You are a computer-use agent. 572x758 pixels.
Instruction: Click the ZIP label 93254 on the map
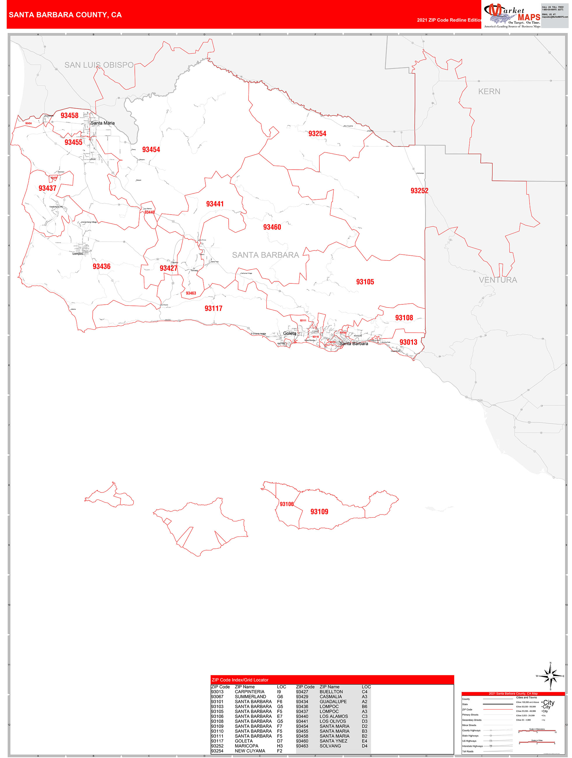[317, 134]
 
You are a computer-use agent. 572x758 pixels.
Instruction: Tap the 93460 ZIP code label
[272, 227]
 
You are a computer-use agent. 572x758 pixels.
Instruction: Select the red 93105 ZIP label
[365, 282]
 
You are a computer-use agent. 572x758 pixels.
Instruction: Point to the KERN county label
[489, 92]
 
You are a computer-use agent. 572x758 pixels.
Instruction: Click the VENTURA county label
[498, 280]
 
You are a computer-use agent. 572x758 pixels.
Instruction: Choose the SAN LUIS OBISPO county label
[99, 65]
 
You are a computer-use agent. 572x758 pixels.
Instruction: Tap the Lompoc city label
[78, 254]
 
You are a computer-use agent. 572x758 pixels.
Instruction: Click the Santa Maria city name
[103, 123]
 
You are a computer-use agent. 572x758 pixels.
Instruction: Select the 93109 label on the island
[319, 512]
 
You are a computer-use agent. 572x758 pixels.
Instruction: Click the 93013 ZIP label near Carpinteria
[408, 342]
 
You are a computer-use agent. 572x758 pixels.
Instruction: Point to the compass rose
[550, 676]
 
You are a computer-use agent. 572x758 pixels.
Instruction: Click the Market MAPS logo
[512, 15]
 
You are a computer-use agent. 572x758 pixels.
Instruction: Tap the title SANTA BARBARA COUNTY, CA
[65, 15]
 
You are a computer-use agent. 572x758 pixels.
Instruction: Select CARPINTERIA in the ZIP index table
[249, 692]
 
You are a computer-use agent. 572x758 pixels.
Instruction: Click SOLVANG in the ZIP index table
[330, 746]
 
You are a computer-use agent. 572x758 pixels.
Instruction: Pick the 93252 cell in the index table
[217, 746]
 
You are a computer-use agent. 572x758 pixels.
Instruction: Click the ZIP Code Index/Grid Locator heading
[240, 680]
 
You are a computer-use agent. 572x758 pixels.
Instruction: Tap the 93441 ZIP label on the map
[215, 204]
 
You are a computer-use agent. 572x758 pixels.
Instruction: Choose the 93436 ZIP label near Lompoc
[102, 266]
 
